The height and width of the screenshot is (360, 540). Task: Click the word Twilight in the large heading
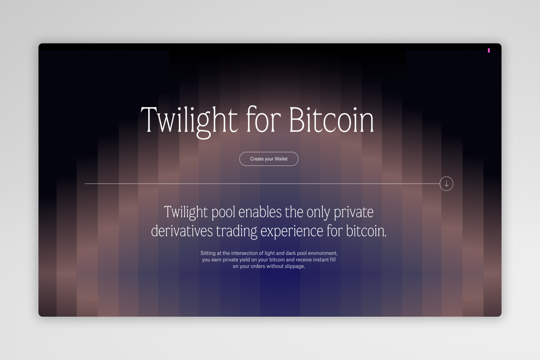[x=189, y=120]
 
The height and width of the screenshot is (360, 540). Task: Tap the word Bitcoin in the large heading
[x=331, y=120]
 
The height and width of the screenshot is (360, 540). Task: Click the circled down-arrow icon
[x=446, y=184]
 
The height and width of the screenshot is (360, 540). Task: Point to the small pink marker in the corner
[x=489, y=50]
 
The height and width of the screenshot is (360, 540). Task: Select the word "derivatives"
[x=181, y=231]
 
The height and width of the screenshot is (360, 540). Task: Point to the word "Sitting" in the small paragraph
[x=208, y=253]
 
